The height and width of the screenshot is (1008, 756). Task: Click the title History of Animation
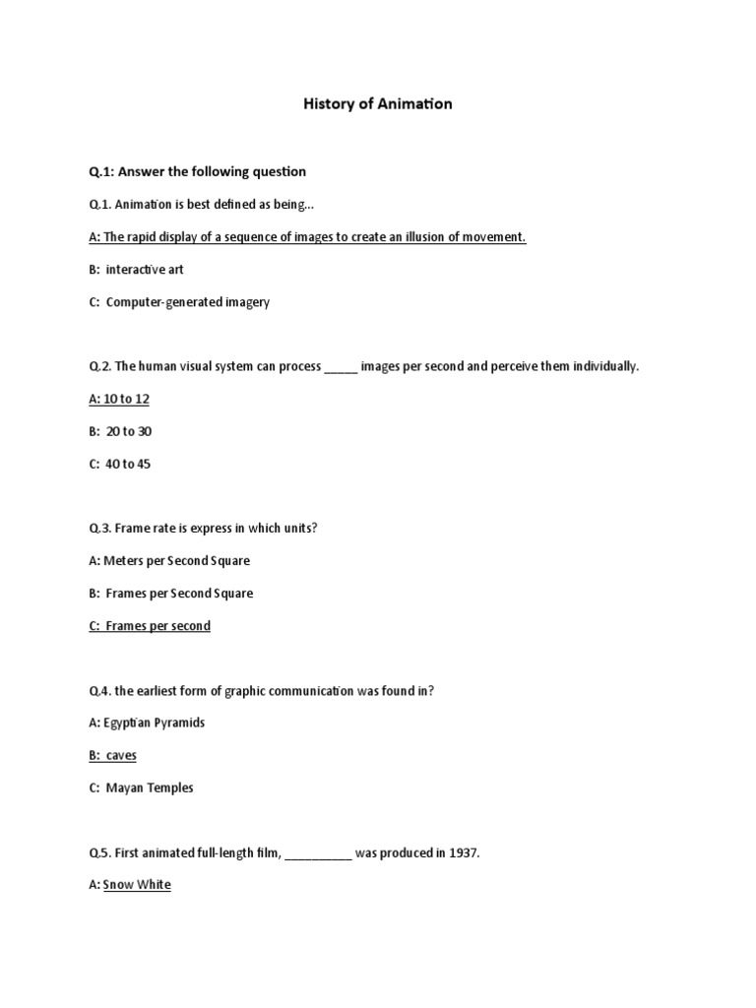(378, 103)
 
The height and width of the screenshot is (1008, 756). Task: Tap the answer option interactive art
(145, 270)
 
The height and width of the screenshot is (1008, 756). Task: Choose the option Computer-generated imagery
(187, 302)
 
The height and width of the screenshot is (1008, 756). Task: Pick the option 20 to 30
(129, 431)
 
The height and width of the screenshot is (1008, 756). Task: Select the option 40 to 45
(129, 464)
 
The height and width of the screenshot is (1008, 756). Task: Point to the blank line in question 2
(342, 368)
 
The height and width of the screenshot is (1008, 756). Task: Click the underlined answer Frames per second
(157, 626)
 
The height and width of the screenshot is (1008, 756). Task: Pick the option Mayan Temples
(150, 787)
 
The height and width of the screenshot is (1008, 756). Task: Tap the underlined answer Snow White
(137, 885)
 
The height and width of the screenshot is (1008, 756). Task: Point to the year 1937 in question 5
(463, 852)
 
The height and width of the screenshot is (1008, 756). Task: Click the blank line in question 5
(318, 854)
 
